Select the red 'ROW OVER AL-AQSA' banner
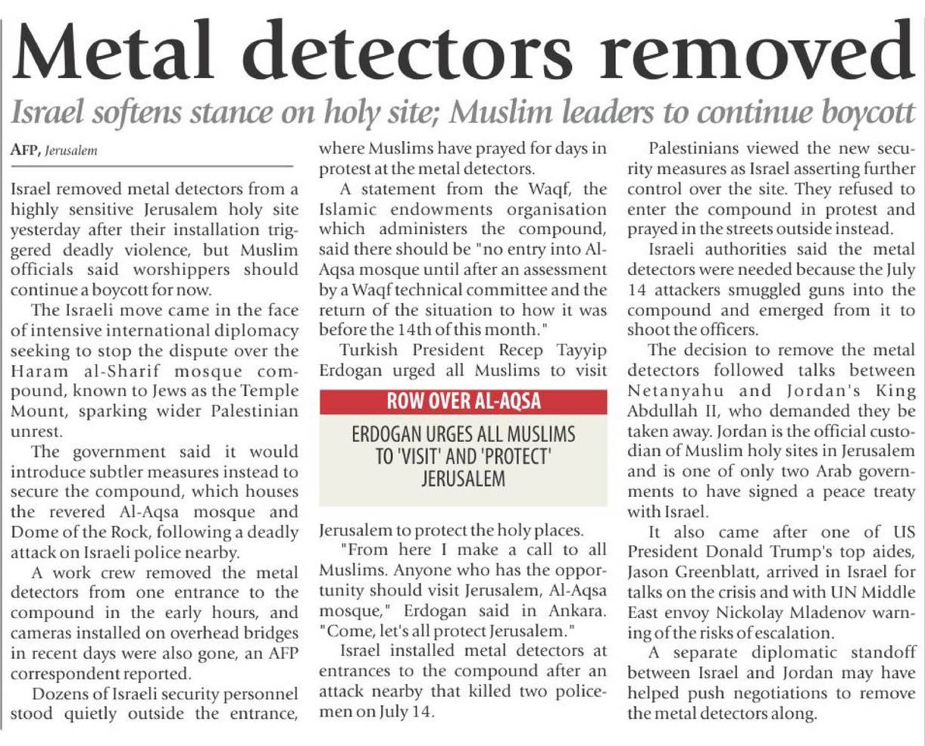[x=463, y=401]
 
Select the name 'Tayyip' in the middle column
[x=575, y=351]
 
